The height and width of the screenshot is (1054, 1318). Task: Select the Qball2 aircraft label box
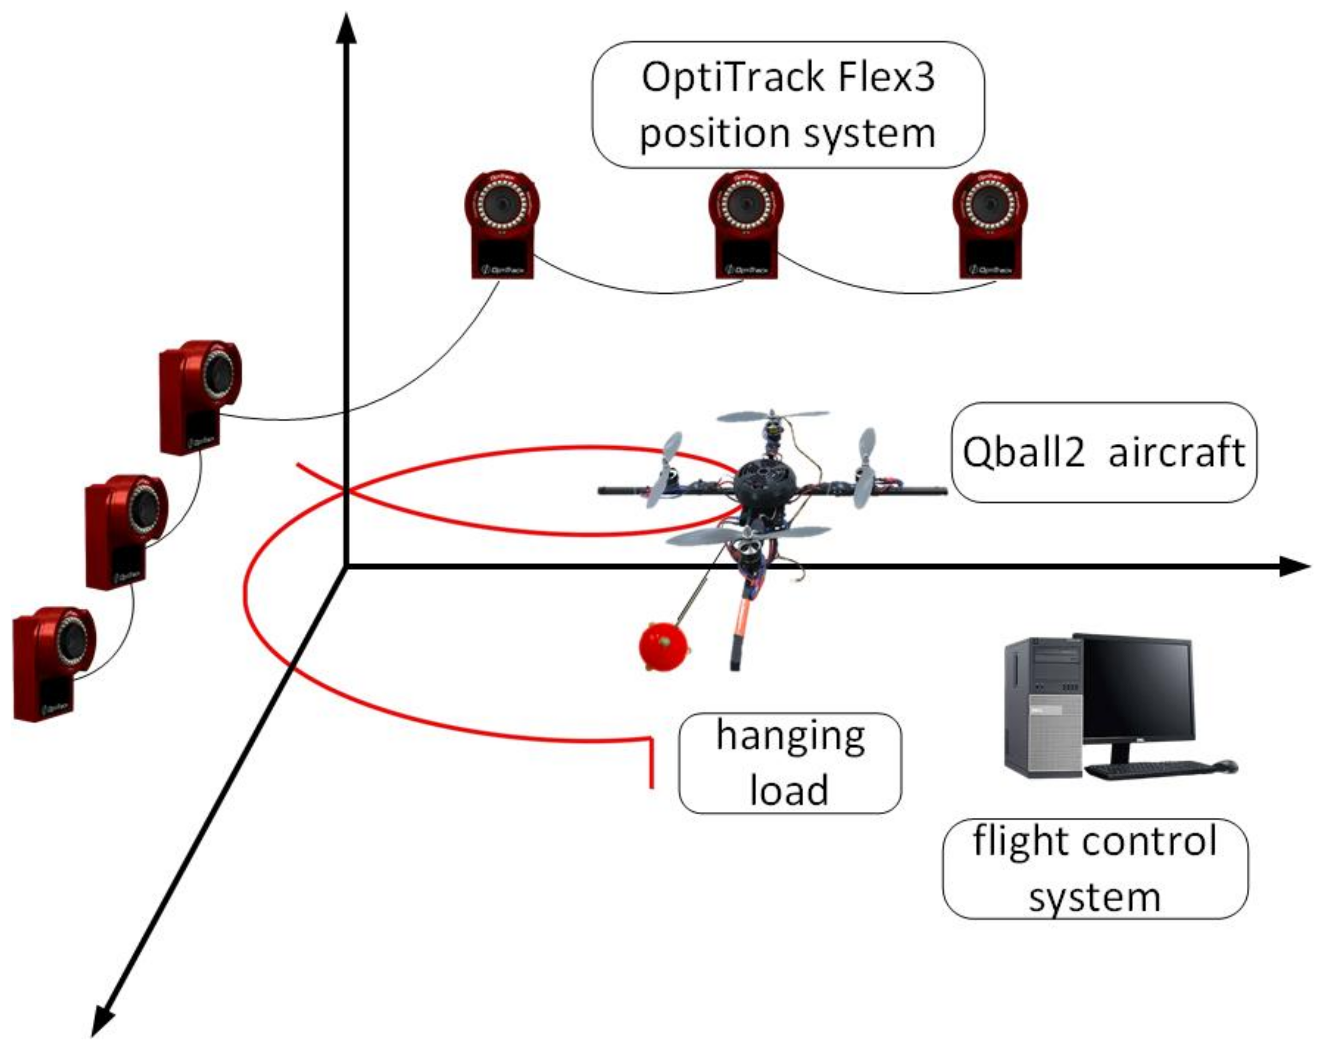point(1103,452)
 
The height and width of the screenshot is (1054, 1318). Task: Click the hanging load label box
point(789,763)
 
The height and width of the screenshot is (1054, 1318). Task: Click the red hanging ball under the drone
point(663,646)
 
